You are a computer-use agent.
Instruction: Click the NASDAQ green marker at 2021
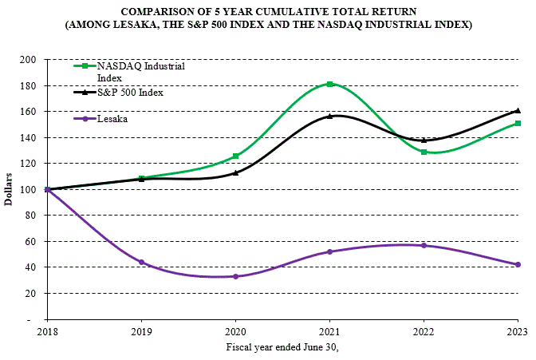[x=329, y=84]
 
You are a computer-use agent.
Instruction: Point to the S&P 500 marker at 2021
[x=329, y=117]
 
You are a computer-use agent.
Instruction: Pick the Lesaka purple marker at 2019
[x=141, y=262]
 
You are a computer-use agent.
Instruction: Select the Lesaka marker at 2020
[x=235, y=276]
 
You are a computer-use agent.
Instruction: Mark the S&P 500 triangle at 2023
[x=518, y=110]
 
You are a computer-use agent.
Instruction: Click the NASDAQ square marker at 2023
[x=518, y=124]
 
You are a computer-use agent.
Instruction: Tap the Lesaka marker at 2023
[x=518, y=264]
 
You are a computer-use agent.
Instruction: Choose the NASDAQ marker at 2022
[x=424, y=152]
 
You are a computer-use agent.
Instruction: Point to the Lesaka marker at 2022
[x=424, y=245]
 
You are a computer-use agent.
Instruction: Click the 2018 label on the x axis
[x=47, y=330]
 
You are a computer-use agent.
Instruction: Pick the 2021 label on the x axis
[x=329, y=330]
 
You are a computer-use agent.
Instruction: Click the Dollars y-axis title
[x=8, y=189]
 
